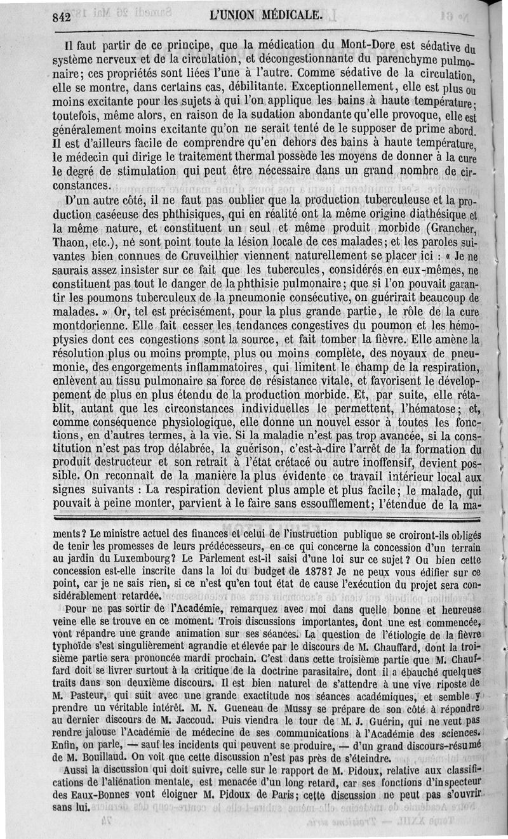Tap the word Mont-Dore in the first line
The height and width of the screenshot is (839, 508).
pos(369,45)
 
